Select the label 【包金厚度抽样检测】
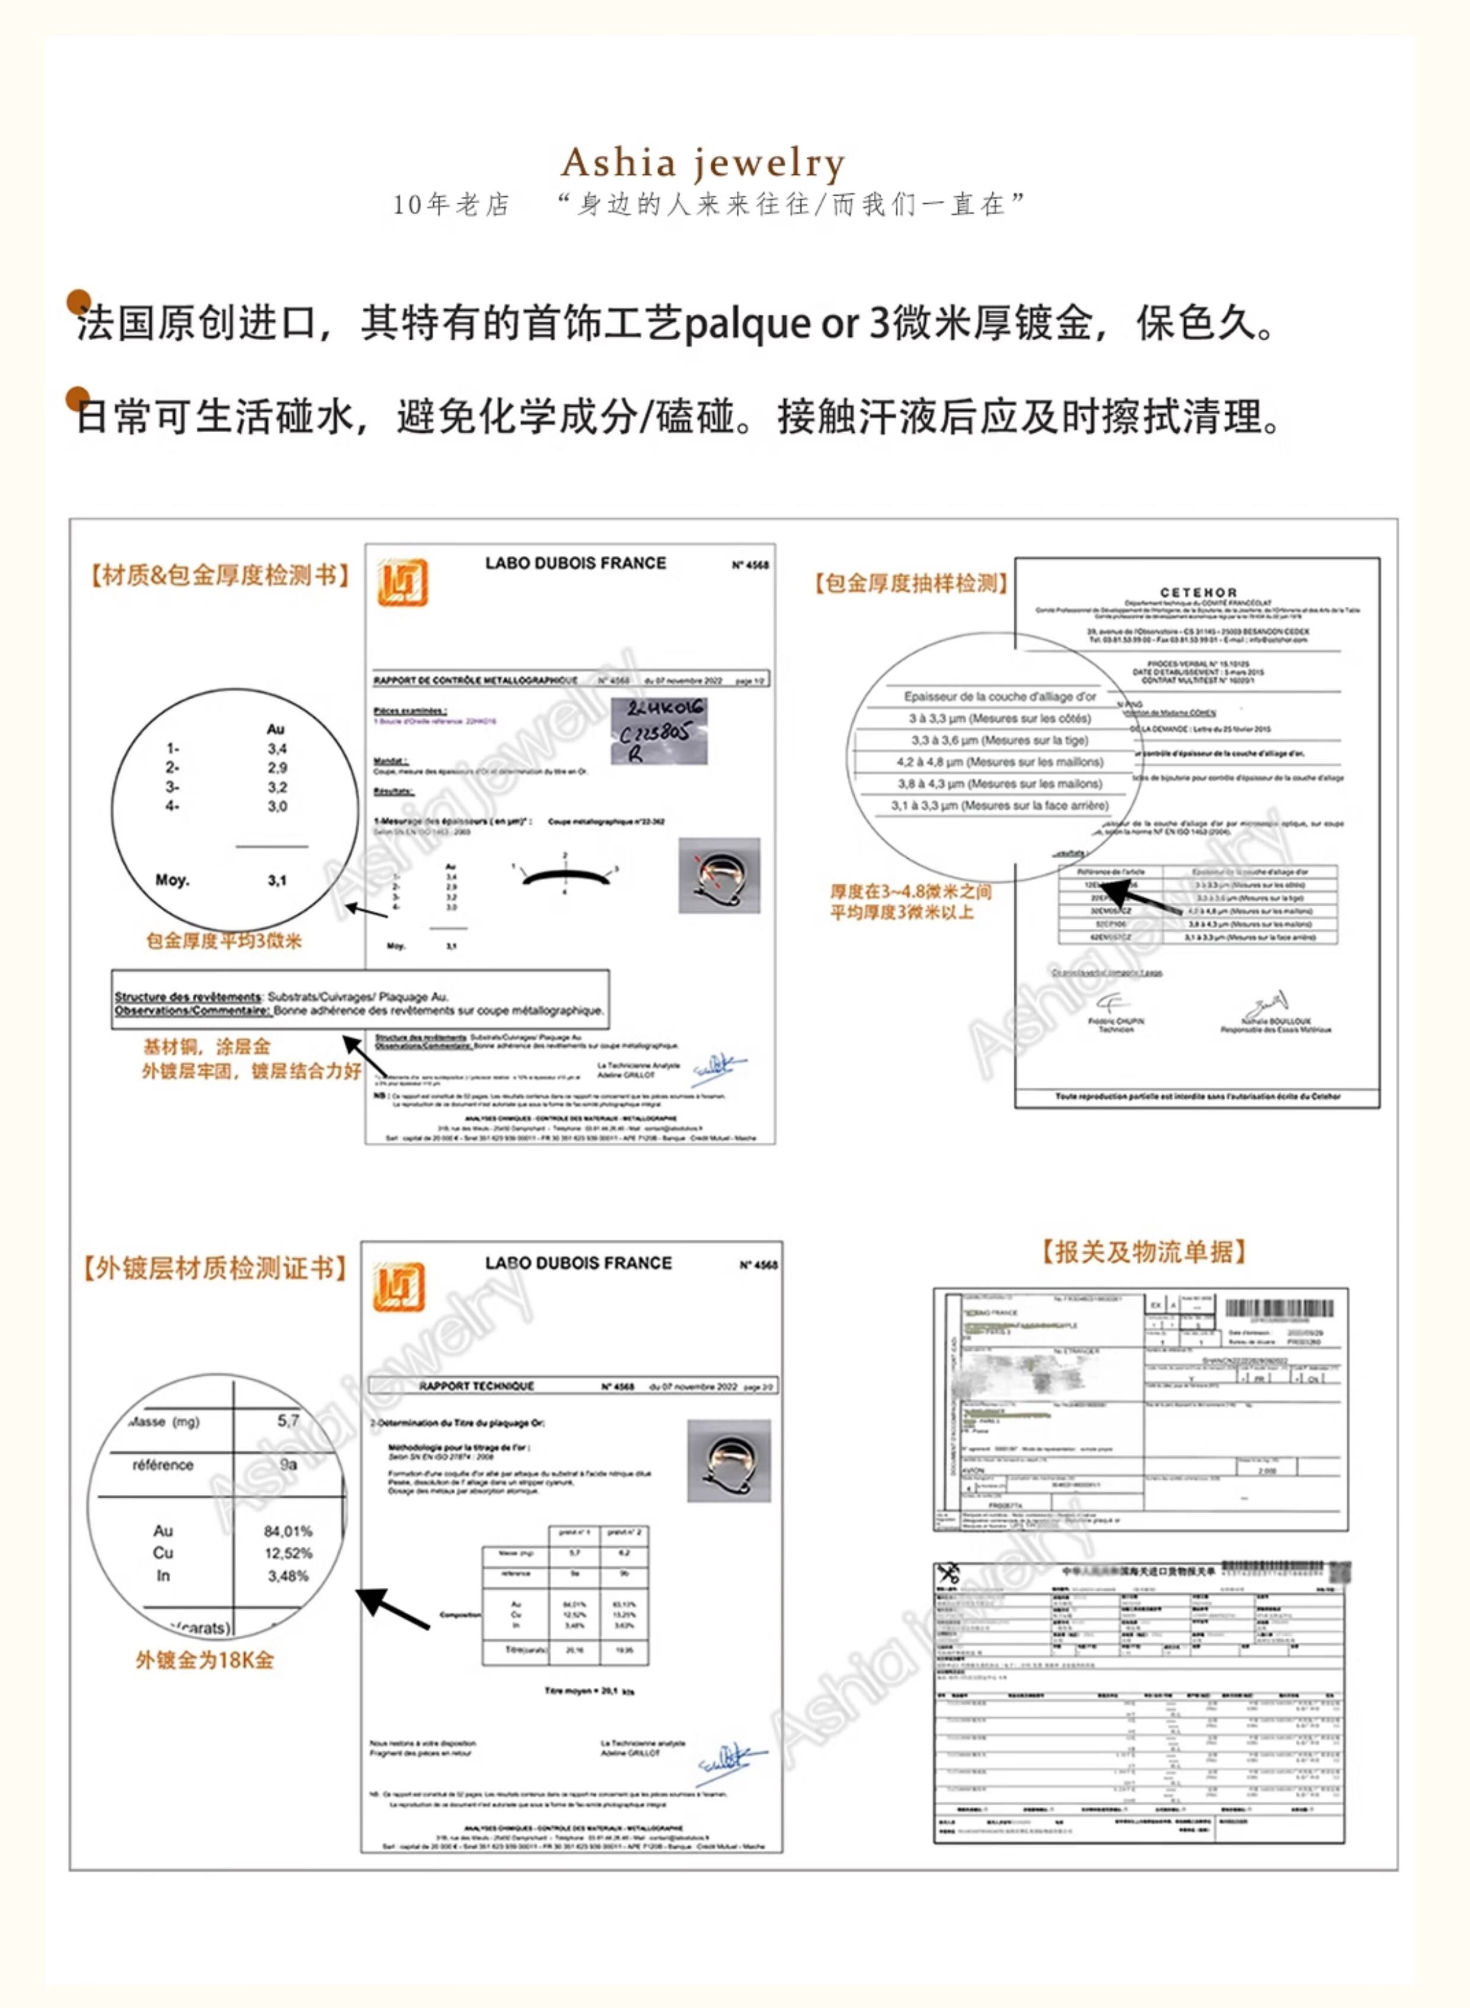(911, 584)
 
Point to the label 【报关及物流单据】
(1143, 1252)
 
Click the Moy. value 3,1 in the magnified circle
(277, 881)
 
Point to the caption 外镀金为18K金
(204, 1660)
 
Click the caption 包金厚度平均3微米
(223, 941)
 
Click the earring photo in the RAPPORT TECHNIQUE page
(728, 1461)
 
